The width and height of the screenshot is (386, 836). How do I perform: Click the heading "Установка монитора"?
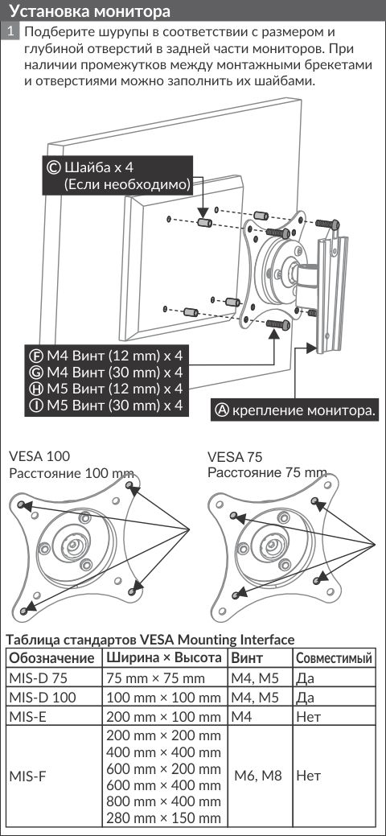90,11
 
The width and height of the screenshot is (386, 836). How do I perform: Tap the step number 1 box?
12,31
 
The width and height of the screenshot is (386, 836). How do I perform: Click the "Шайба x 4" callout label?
98,167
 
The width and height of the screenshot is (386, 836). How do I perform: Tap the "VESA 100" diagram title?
40,456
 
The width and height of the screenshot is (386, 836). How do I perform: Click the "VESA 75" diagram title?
235,457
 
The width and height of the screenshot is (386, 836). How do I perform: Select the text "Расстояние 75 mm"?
267,472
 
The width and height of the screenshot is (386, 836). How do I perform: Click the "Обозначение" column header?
51,657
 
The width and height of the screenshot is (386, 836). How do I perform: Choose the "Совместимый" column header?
334,658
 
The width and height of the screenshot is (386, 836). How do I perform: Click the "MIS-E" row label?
27,717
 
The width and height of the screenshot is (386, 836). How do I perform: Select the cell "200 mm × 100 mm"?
164,717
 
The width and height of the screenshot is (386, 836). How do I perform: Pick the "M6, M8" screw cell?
258,775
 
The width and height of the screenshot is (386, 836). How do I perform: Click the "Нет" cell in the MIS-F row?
309,775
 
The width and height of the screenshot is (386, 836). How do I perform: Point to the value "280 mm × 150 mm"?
164,818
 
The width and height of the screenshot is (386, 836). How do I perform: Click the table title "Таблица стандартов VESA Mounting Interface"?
150,639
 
